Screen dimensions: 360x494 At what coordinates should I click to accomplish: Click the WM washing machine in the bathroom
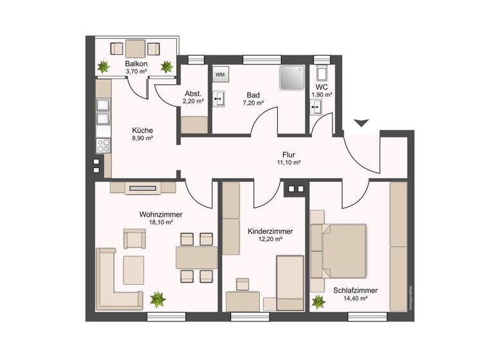click(x=220, y=75)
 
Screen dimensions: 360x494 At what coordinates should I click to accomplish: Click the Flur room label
click(x=289, y=154)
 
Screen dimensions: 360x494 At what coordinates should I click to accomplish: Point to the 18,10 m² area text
click(x=160, y=222)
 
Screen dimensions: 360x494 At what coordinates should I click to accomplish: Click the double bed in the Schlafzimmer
click(x=339, y=249)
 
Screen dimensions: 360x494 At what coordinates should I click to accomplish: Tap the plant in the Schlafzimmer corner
click(x=318, y=301)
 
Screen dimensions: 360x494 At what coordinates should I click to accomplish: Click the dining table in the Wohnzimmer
click(x=196, y=258)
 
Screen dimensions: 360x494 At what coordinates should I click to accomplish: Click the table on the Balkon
click(x=136, y=49)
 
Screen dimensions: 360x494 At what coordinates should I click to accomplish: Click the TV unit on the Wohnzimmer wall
click(x=142, y=188)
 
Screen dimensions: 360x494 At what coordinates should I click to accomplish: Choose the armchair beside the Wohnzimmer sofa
click(x=135, y=240)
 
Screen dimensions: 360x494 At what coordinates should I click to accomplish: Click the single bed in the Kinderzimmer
click(x=290, y=283)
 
